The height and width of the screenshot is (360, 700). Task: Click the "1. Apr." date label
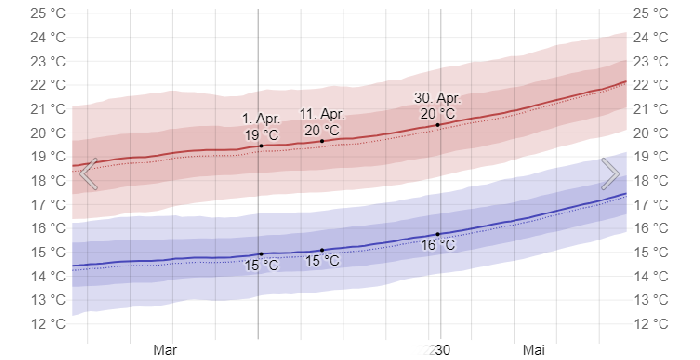click(x=260, y=119)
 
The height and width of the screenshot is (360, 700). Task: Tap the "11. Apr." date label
click(x=321, y=113)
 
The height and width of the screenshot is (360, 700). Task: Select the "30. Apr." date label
click(x=438, y=97)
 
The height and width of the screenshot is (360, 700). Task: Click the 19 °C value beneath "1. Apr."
click(x=261, y=135)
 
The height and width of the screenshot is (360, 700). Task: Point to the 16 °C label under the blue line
click(x=437, y=245)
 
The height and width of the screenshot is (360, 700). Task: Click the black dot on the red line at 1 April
click(x=261, y=146)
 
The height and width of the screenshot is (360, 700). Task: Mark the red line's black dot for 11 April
click(x=322, y=141)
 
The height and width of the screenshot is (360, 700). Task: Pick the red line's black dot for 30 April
click(x=438, y=124)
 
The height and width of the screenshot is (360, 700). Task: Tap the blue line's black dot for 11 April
click(x=322, y=250)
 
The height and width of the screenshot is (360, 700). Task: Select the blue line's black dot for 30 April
click(x=438, y=234)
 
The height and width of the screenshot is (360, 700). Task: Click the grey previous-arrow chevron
click(x=88, y=174)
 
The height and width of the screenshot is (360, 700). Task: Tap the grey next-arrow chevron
click(x=611, y=174)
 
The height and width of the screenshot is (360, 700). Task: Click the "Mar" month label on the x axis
click(x=165, y=351)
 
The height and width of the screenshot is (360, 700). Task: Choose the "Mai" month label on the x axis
click(x=534, y=351)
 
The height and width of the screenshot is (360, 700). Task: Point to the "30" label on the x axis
click(x=441, y=351)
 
